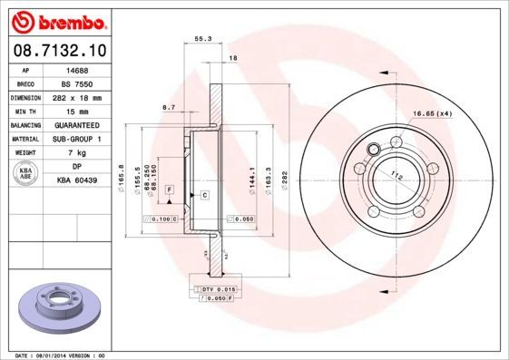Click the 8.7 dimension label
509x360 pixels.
[x=168, y=107]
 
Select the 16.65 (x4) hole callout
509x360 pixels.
[x=433, y=113]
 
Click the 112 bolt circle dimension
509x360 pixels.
[x=396, y=176]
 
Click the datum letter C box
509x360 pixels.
[x=204, y=195]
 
